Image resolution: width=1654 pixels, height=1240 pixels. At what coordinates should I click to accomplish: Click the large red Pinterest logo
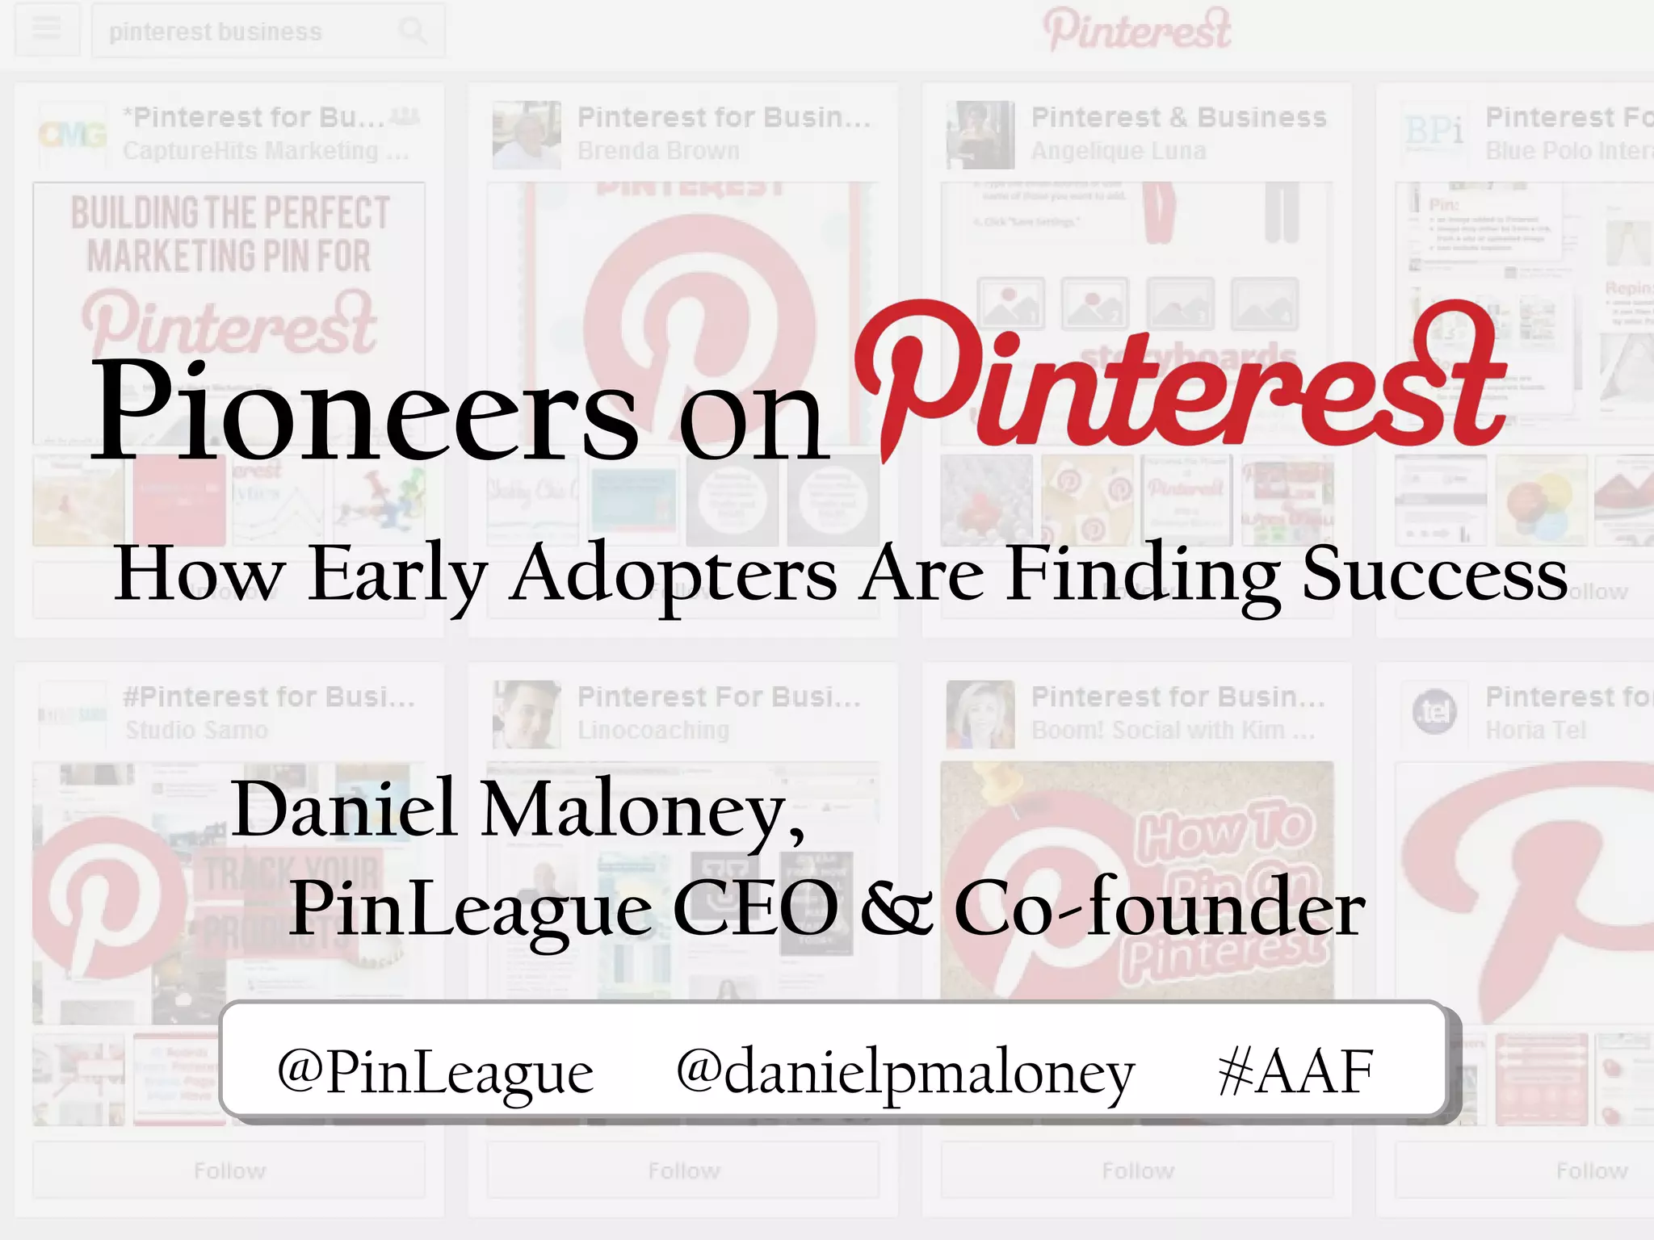(x=1179, y=379)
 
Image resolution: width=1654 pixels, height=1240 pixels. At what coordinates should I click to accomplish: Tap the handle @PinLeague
(x=434, y=1072)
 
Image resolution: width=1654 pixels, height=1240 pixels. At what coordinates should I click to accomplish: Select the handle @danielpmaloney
(x=905, y=1072)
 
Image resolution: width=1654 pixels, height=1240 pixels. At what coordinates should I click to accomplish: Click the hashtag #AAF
(x=1295, y=1072)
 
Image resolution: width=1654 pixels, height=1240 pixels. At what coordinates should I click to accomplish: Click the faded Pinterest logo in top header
(x=1137, y=30)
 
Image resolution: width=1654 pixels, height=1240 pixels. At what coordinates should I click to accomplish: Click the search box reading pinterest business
(x=242, y=31)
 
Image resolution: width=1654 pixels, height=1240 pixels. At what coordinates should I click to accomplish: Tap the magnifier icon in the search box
(x=413, y=31)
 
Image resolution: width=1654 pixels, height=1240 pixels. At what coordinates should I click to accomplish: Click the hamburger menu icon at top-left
(x=47, y=30)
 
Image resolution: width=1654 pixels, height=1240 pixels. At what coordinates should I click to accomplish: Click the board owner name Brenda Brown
(x=658, y=151)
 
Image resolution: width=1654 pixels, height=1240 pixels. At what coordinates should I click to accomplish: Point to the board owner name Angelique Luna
(x=1119, y=151)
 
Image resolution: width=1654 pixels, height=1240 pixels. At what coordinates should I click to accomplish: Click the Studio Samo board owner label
(x=196, y=730)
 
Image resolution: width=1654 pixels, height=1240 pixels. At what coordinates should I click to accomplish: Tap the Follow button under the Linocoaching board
(x=683, y=1171)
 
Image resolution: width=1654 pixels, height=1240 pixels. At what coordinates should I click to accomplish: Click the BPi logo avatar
(x=1434, y=133)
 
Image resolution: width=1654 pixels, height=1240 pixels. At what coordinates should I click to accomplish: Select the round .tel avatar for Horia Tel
(x=1434, y=713)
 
